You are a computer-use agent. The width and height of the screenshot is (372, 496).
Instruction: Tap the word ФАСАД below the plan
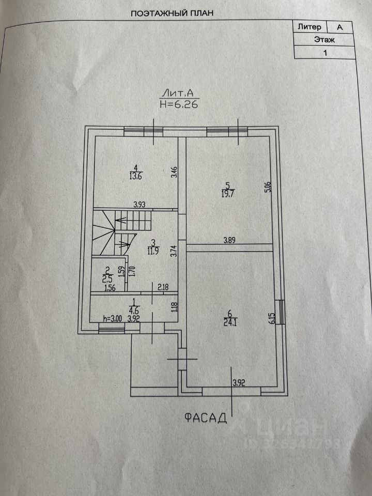pyautogui.click(x=206, y=417)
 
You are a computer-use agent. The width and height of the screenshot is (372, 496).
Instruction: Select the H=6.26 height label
pyautogui.click(x=178, y=103)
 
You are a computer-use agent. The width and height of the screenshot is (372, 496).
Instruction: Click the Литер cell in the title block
pyautogui.click(x=309, y=26)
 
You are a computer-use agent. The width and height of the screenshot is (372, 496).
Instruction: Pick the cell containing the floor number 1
pyautogui.click(x=324, y=52)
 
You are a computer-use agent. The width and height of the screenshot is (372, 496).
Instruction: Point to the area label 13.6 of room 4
pyautogui.click(x=135, y=176)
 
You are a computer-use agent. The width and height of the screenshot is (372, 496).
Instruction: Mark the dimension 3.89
pyautogui.click(x=230, y=240)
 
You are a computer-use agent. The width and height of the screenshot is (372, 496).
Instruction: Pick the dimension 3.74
pyautogui.click(x=174, y=252)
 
